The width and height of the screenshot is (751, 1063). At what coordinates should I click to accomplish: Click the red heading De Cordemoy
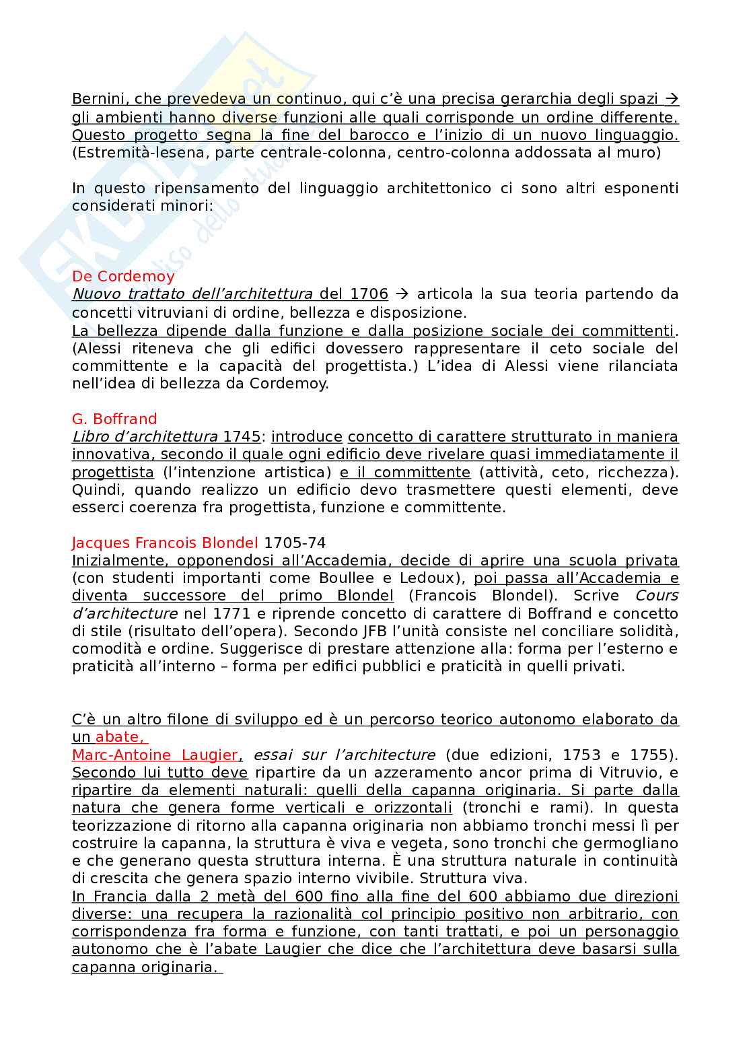pos(123,276)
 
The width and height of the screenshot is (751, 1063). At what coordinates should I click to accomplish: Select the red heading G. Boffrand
pos(114,419)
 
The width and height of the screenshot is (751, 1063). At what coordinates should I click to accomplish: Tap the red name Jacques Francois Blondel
pos(165,543)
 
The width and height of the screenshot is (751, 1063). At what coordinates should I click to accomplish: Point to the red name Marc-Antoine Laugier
pos(155,755)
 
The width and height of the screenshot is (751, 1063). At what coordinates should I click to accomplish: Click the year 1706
pos(369,294)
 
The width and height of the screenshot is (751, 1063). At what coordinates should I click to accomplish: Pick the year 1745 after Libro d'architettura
pos(242,436)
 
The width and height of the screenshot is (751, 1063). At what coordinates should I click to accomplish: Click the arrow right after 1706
pos(402,294)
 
